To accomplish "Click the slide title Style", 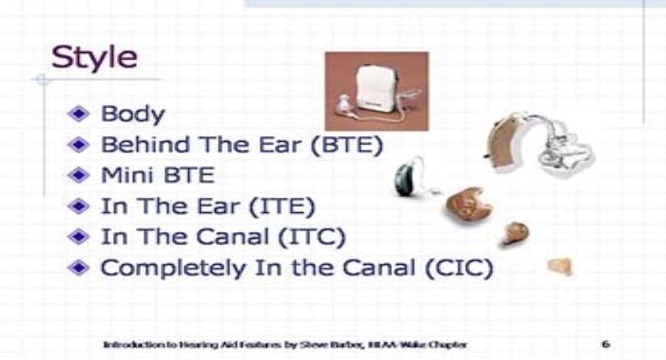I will click(x=94, y=59).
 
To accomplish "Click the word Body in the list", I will click(x=132, y=115).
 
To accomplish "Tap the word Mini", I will click(x=125, y=175).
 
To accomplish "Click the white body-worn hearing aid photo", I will click(x=377, y=90).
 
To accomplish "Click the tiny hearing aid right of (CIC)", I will click(x=560, y=267).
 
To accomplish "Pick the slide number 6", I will click(x=604, y=344).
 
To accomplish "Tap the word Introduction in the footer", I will click(x=127, y=344).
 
